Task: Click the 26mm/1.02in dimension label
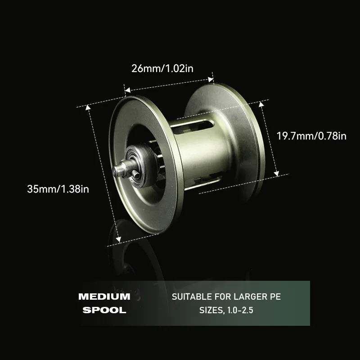click(162, 69)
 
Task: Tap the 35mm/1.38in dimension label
click(58, 189)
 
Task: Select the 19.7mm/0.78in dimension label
click(311, 136)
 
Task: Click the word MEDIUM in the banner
click(104, 297)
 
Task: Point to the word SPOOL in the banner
click(104, 310)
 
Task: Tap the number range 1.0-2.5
click(240, 310)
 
